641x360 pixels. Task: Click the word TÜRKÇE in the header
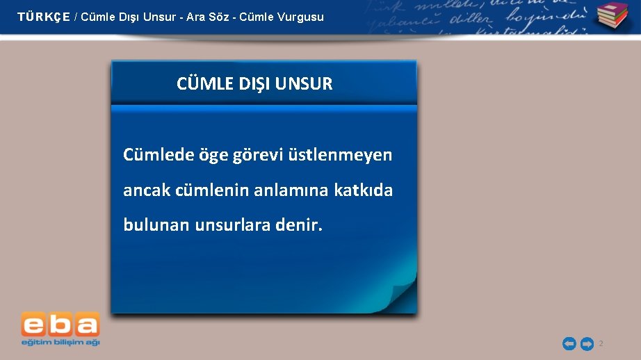(44, 17)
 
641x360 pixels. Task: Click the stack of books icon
(612, 16)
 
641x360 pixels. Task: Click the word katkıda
(363, 190)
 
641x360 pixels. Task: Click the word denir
(300, 225)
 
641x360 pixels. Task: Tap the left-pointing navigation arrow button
(569, 344)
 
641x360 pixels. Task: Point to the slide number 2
(601, 344)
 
